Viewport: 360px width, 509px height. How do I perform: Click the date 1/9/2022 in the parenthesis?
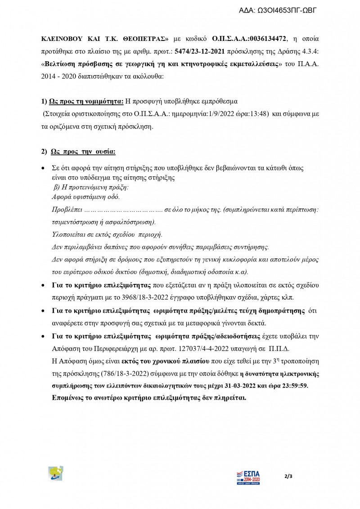(229, 114)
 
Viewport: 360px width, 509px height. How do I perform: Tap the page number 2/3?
(288, 476)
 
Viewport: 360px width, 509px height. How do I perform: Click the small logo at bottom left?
(56, 474)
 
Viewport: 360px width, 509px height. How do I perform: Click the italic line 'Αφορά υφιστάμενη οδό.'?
(86, 197)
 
